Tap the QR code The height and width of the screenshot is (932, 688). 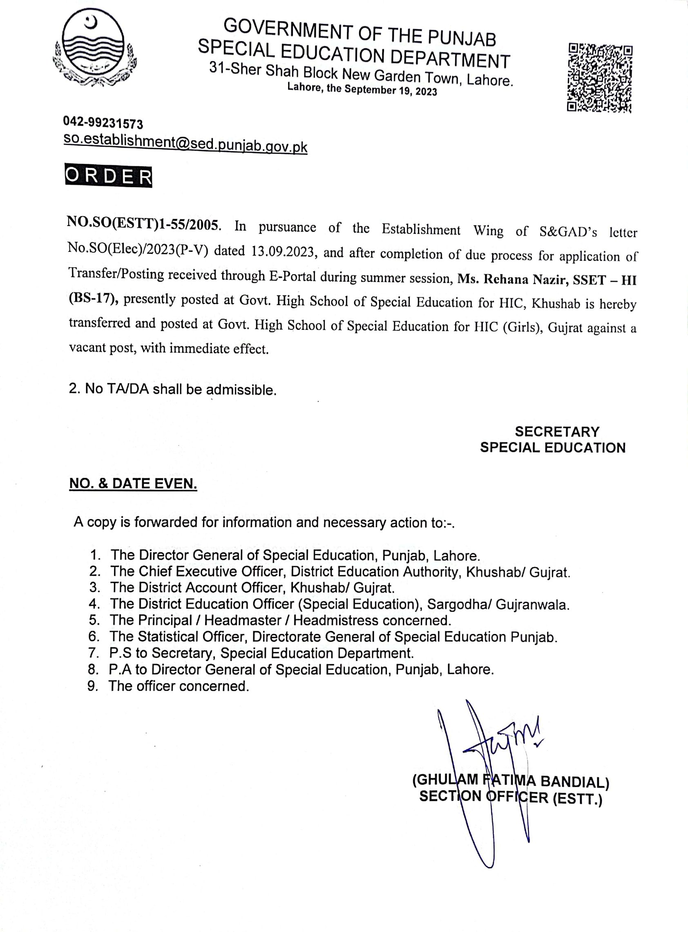[x=600, y=78]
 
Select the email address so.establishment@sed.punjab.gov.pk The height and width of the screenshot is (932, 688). [x=185, y=144]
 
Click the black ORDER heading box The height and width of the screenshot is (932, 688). [x=109, y=177]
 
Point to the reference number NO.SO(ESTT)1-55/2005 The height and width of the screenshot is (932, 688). [x=143, y=224]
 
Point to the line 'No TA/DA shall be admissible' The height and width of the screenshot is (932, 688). [x=172, y=389]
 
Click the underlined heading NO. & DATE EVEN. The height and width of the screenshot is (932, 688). [x=133, y=483]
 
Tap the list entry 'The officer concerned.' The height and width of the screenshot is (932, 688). [x=179, y=686]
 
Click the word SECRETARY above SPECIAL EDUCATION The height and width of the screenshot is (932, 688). [x=557, y=431]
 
